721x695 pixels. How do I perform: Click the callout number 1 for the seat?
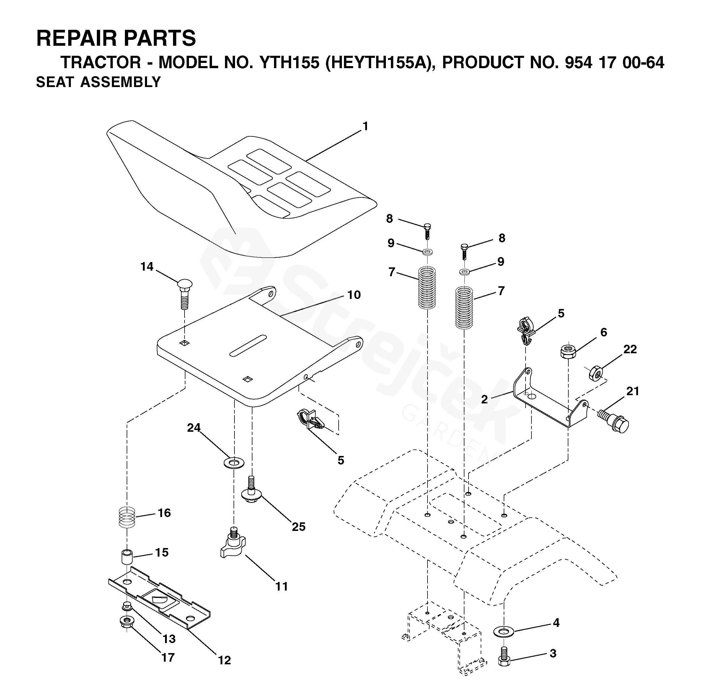coord(365,127)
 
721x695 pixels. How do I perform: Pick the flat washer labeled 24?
coord(234,463)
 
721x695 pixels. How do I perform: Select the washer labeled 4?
coord(504,632)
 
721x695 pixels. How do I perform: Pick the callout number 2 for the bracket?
coord(485,399)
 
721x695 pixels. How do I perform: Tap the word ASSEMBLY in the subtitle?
coord(121,82)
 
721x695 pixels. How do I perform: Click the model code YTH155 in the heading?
coord(289,63)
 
